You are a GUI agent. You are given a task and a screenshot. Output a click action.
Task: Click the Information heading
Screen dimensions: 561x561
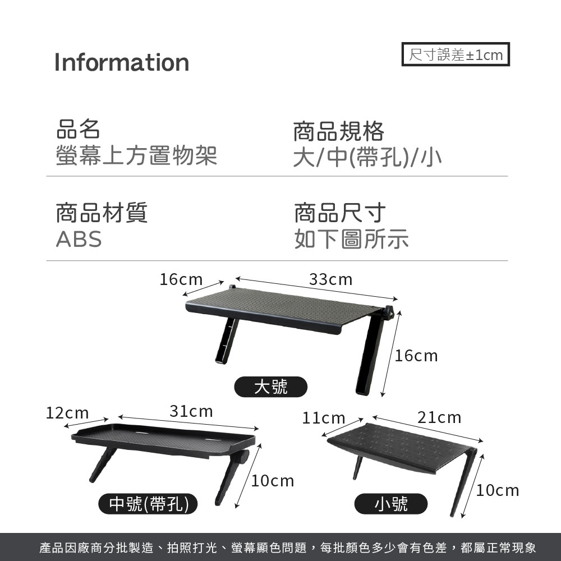pos(122,62)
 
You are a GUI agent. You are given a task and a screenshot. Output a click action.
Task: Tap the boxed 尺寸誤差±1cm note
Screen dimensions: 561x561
pos(456,55)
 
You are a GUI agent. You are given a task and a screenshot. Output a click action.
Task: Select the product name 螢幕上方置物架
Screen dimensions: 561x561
pos(136,155)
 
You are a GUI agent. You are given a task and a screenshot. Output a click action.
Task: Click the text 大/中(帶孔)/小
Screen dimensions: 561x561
pos(367,158)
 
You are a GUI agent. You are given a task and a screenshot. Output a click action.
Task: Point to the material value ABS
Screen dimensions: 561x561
pos(79,240)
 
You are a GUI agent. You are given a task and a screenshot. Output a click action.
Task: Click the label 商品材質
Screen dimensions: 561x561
pos(102,213)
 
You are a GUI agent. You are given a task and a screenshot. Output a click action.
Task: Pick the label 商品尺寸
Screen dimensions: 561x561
pos(340,213)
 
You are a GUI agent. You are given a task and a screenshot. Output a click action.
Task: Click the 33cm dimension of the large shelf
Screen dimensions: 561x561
pos(330,279)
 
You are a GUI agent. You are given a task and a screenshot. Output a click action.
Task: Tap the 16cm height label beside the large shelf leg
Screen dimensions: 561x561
pos(416,356)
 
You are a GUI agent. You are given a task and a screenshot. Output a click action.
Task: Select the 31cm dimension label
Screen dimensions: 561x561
pos(191,411)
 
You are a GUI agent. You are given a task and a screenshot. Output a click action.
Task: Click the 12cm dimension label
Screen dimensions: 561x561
pos(67,413)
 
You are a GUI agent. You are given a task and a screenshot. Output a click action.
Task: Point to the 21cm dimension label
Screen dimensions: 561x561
pos(439,417)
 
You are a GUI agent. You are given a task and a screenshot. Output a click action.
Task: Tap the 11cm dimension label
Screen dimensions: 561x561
pos(324,418)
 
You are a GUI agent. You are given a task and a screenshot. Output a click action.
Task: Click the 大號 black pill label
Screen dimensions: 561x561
pos(271,387)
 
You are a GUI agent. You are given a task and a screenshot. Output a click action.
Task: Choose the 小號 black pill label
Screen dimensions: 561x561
pos(391,504)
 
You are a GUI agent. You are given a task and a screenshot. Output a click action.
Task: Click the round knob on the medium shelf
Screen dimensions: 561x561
pos(243,457)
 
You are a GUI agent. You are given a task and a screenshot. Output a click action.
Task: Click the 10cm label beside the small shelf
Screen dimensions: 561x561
pos(498,490)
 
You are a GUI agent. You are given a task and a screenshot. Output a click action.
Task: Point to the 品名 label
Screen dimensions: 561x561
pos(78,130)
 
